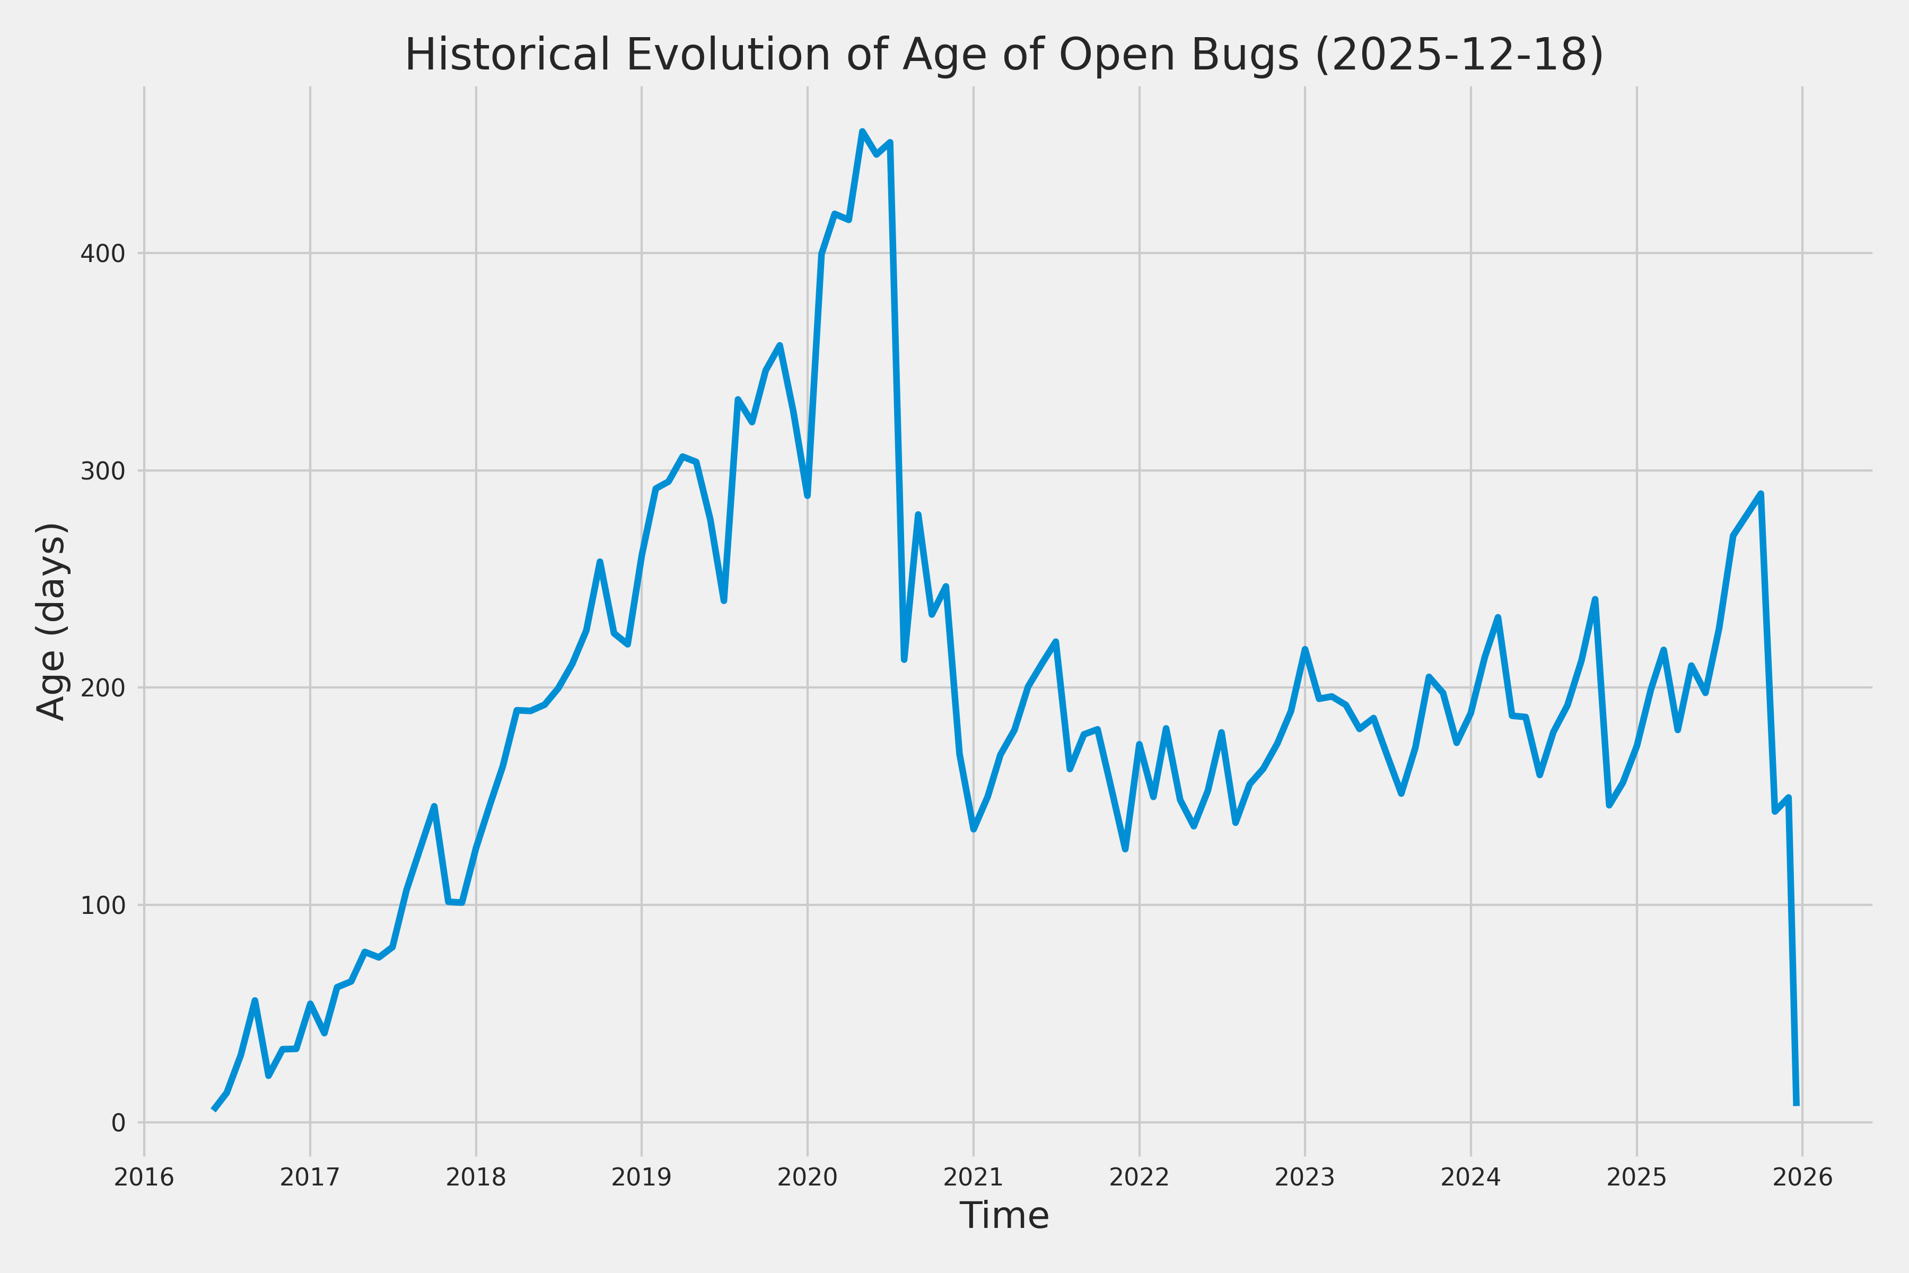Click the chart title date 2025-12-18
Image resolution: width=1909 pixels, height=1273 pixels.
click(1459, 55)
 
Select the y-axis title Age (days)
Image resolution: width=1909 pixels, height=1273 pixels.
click(52, 621)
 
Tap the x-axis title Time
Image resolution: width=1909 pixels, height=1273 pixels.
click(1004, 1215)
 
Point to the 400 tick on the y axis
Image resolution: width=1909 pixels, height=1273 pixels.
click(102, 254)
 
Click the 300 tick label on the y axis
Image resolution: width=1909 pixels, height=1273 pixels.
click(102, 471)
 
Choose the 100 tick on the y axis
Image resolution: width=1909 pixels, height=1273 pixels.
click(102, 906)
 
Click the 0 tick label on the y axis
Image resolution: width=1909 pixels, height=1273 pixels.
click(118, 1123)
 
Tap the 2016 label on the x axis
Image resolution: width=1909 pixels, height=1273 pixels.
click(144, 1177)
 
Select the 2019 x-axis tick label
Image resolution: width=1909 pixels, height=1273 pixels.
click(641, 1177)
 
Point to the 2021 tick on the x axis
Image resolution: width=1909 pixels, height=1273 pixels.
click(973, 1177)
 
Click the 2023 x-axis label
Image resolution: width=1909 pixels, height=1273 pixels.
click(1304, 1177)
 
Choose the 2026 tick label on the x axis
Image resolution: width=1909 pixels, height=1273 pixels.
click(1802, 1177)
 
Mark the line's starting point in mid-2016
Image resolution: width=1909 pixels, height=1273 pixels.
click(214, 1109)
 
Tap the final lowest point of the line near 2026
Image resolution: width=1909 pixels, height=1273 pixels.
click(1796, 1105)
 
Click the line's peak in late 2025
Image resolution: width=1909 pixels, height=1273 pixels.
click(1761, 494)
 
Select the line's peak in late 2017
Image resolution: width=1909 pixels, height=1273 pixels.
click(434, 806)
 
